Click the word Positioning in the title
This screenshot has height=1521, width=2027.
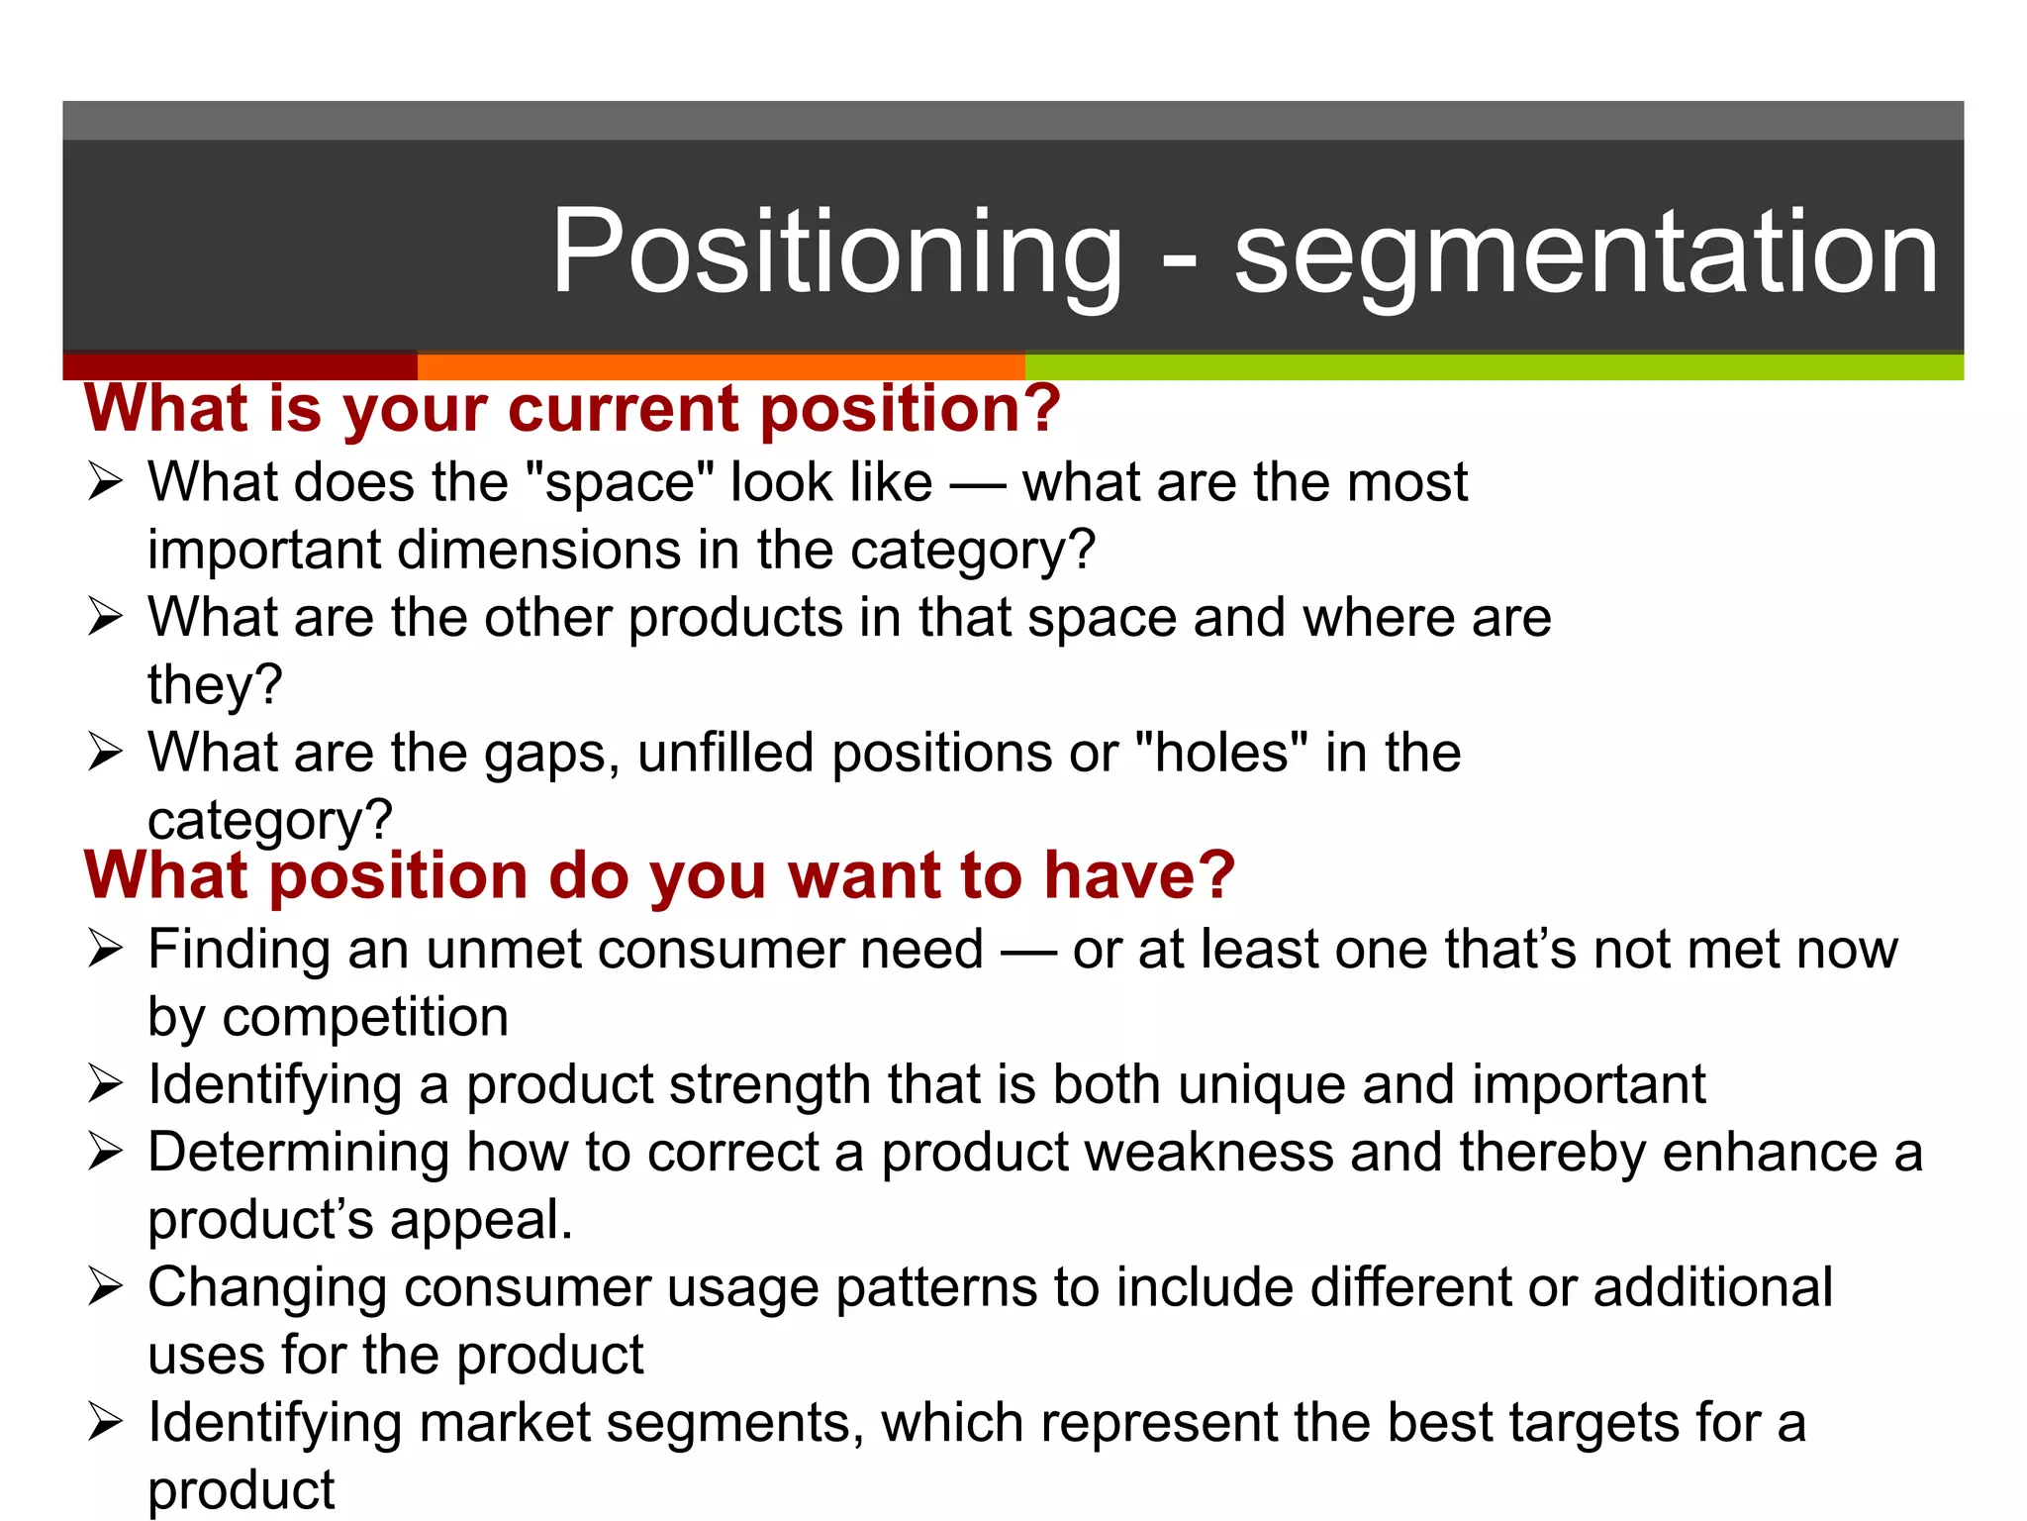point(836,253)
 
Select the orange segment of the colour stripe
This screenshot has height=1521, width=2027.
point(721,366)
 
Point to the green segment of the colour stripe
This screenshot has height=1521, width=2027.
point(1494,366)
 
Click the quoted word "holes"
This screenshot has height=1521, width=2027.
point(1220,753)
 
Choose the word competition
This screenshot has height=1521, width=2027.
point(365,1017)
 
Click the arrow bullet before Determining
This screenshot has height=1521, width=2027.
point(105,1152)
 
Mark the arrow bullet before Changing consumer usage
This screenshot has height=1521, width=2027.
point(105,1287)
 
